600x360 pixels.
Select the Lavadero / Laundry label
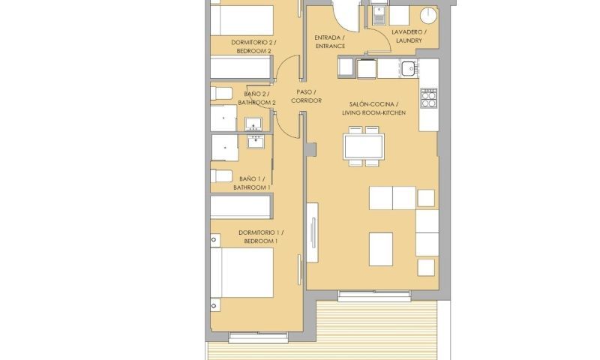(409, 37)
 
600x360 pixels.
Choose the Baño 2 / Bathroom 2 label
(254, 98)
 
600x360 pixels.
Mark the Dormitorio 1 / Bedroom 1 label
(258, 237)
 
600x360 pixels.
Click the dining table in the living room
(363, 145)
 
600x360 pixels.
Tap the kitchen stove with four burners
(429, 98)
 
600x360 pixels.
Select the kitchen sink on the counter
(408, 70)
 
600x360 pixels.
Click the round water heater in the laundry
(429, 15)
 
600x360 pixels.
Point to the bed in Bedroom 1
(241, 273)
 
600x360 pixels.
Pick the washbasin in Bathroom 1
(253, 139)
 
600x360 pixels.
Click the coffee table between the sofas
(381, 248)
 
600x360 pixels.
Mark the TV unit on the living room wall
(312, 231)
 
